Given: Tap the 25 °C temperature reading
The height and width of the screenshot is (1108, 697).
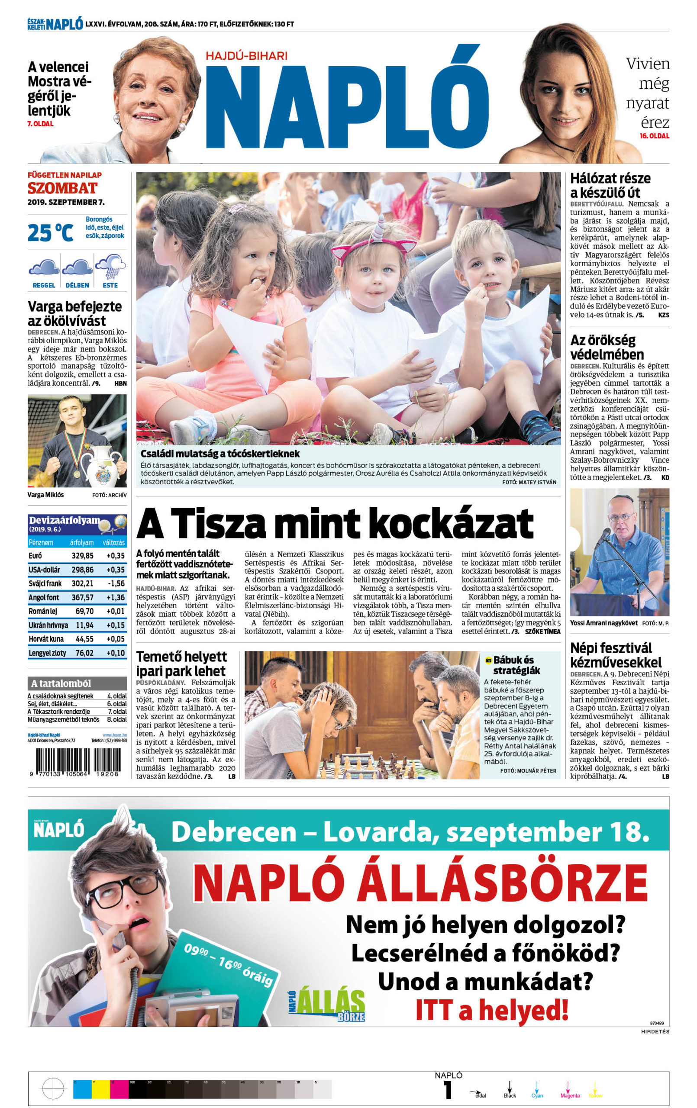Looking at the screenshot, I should tap(50, 233).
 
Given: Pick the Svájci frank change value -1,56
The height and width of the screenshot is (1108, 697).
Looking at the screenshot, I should tap(115, 583).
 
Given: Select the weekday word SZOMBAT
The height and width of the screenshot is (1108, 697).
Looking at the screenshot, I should tap(63, 188).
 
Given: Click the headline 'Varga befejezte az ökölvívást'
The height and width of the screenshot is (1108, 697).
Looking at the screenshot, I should tap(74, 313).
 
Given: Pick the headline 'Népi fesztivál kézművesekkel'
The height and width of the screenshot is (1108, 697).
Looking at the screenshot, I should tap(616, 655).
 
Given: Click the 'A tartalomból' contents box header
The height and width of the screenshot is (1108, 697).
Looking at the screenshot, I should tap(61, 683).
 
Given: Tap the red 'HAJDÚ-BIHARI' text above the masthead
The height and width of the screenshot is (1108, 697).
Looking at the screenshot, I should tap(246, 56).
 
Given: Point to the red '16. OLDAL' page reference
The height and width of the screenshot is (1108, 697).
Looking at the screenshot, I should tap(654, 136).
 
